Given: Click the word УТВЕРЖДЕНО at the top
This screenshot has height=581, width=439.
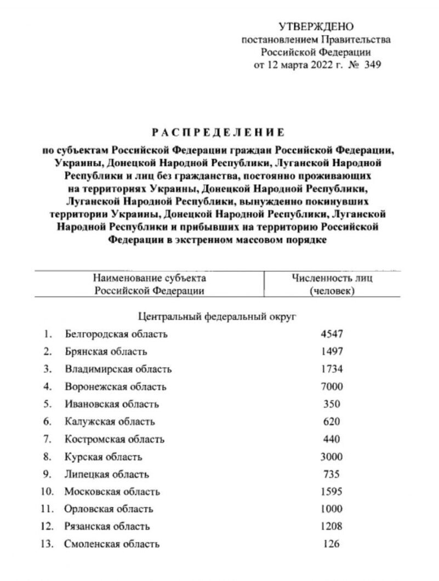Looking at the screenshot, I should tap(316, 26).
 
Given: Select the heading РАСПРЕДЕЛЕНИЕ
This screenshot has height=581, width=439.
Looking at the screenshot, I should tap(218, 132).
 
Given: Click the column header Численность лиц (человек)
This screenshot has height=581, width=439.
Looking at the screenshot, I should tap(332, 284).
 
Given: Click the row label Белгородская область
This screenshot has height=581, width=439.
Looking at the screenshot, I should tap(116, 334).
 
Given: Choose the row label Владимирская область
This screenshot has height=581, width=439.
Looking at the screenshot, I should tap(118, 369).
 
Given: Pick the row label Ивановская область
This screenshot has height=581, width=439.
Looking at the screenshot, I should tap(112, 404).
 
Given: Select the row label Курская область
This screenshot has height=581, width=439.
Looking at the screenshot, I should tap(104, 457).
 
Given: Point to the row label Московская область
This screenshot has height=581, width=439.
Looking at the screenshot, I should tap(112, 492).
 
